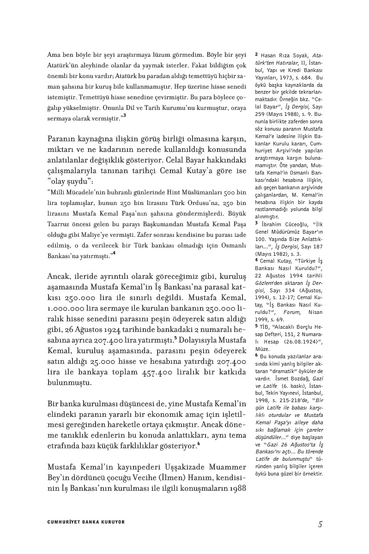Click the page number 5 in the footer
click(x=320, y=524)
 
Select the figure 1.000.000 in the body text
click(x=66, y=307)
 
